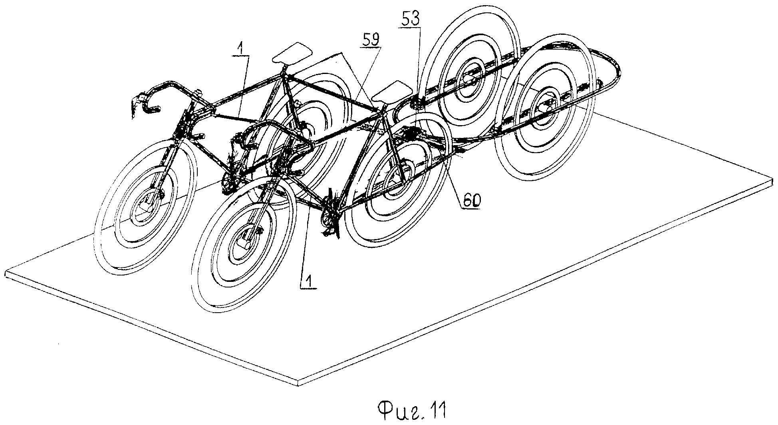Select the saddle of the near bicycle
(393, 91)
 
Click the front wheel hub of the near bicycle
(244, 241)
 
